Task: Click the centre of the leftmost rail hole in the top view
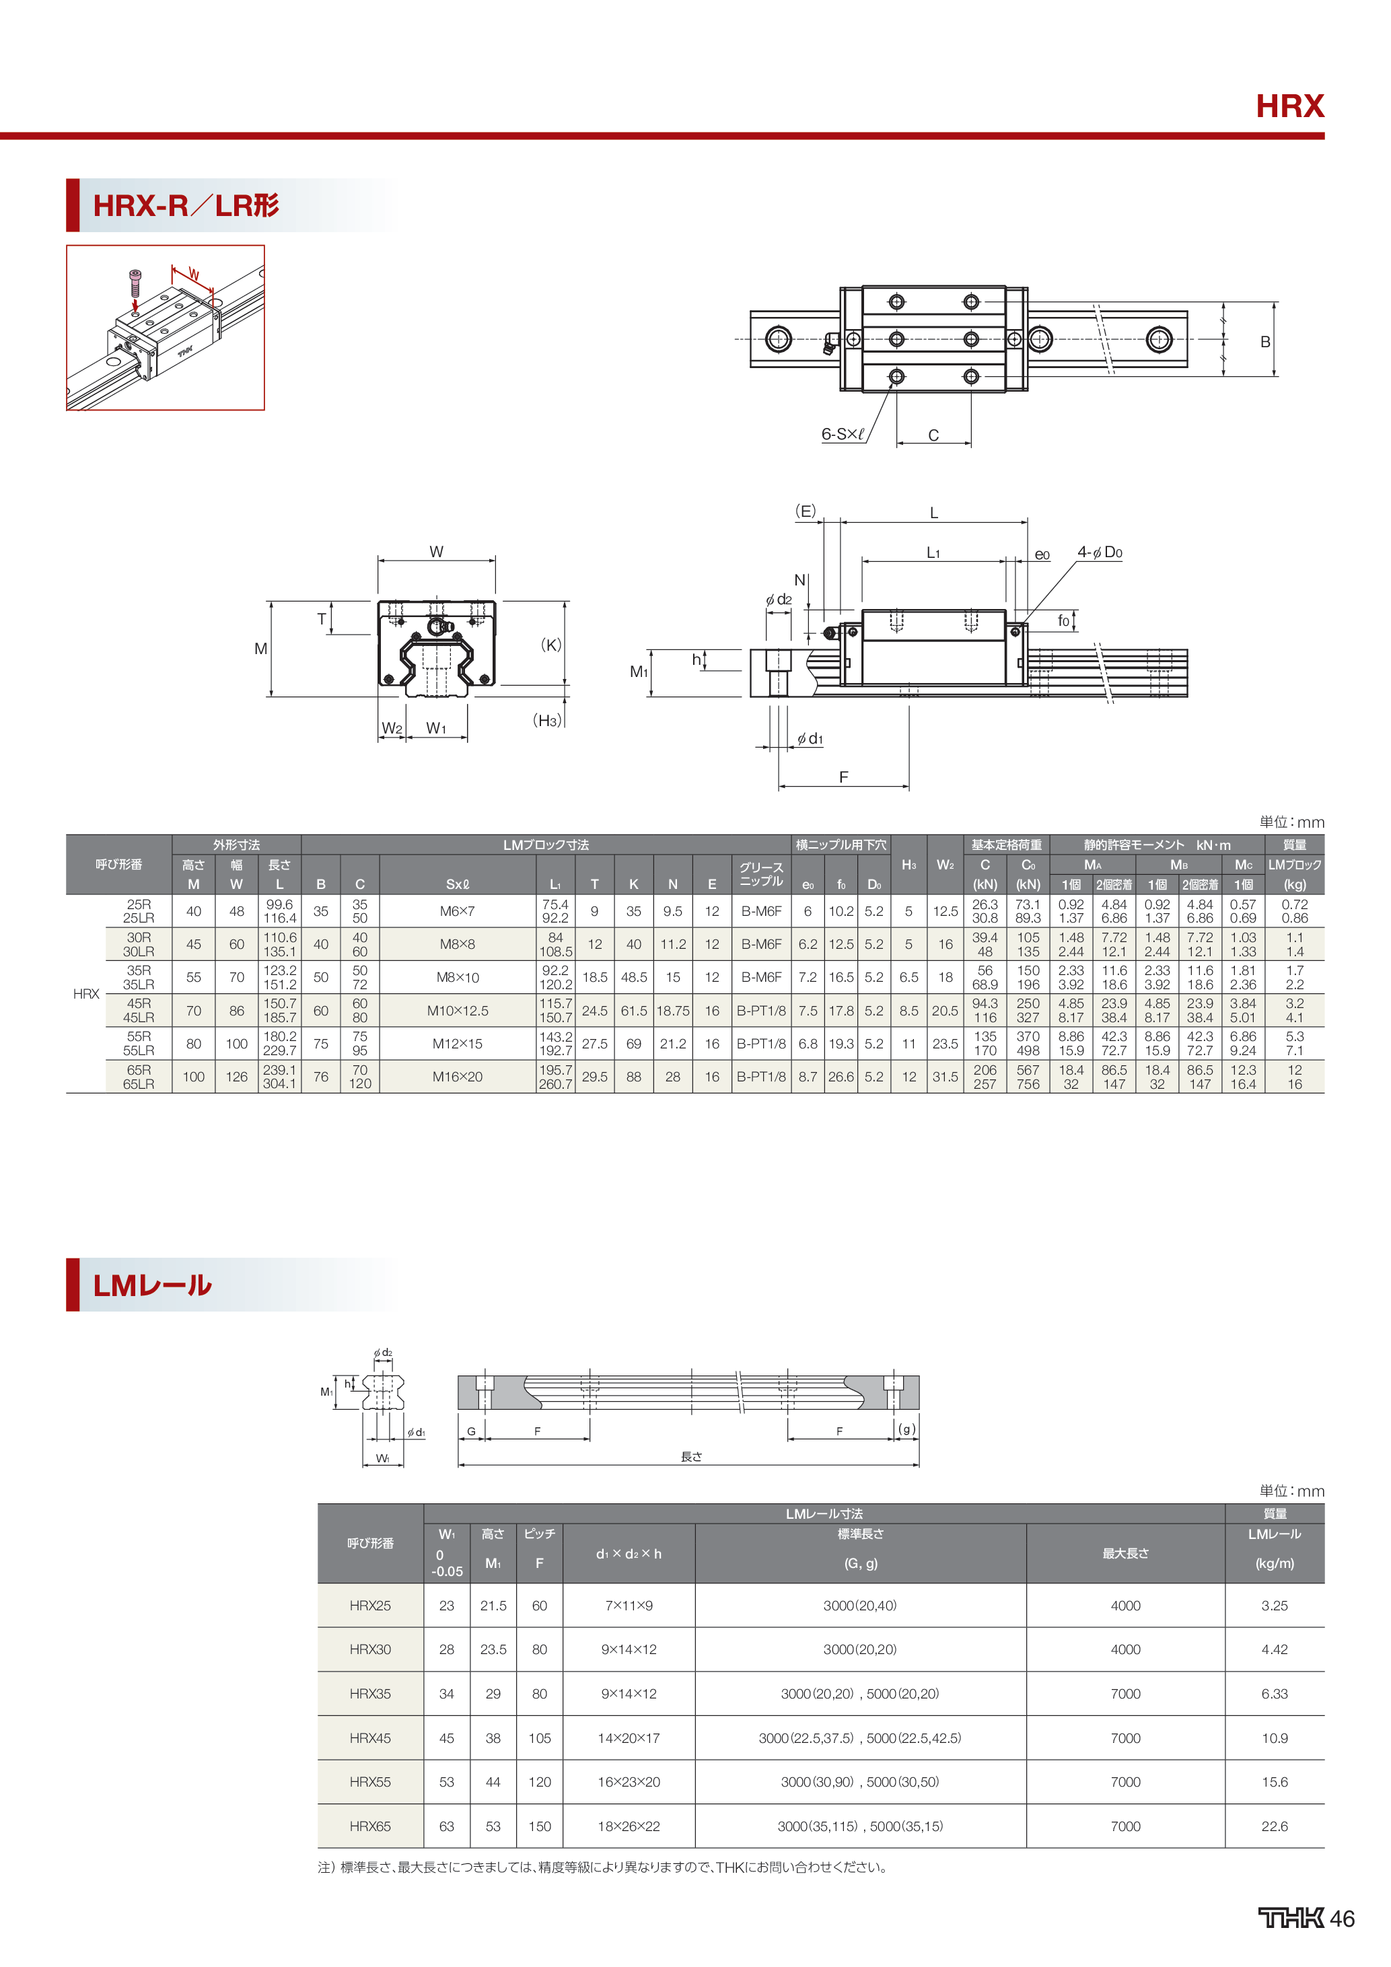779,338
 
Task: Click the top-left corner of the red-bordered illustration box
67,246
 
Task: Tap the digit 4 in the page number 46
1337,1919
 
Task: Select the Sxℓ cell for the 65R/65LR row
458,1077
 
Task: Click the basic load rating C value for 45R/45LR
985,1011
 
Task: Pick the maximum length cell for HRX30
1125,1649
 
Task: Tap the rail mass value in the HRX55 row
1274,1782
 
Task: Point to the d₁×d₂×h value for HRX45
629,1738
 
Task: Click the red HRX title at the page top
1290,106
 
